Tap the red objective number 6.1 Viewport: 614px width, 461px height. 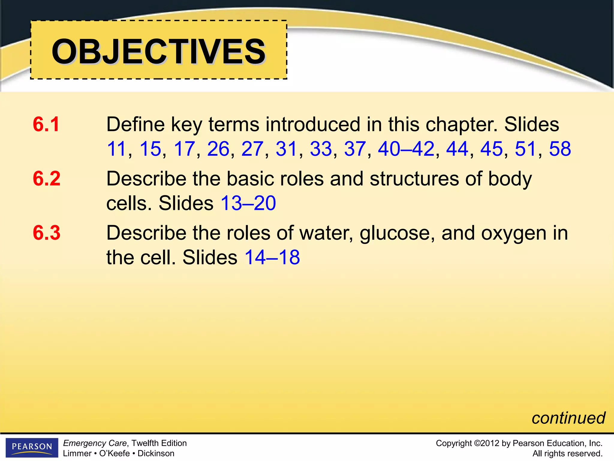pos(46,124)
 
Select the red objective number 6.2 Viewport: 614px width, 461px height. pos(46,179)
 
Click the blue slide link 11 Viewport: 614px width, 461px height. pos(116,149)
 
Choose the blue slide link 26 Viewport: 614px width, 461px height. pos(218,149)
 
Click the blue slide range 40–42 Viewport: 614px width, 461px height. pos(406,149)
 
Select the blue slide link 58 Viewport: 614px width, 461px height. pos(560,149)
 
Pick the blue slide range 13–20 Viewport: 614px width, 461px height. pos(248,203)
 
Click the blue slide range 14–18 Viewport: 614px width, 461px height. pos(272,257)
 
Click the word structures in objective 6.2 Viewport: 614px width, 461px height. pos(414,179)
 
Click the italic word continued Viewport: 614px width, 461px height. pos(568,418)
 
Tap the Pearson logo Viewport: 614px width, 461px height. pos(32,447)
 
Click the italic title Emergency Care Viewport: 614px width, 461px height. pos(95,443)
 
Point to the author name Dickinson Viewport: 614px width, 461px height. pos(156,453)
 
